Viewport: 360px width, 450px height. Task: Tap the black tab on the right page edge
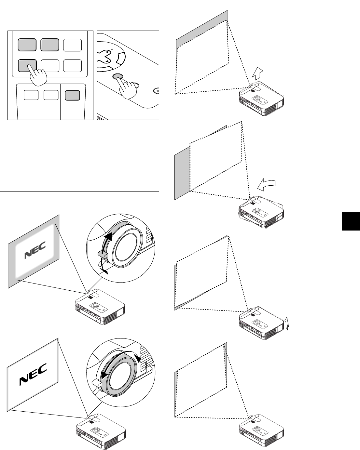pyautogui.click(x=351, y=220)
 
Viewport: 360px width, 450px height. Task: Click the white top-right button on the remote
pyautogui.click(x=73, y=45)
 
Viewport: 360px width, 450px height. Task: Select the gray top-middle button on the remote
pyautogui.click(x=50, y=45)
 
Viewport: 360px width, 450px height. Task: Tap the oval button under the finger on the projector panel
pyautogui.click(x=118, y=77)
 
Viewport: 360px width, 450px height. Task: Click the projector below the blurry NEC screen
pyautogui.click(x=99, y=307)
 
